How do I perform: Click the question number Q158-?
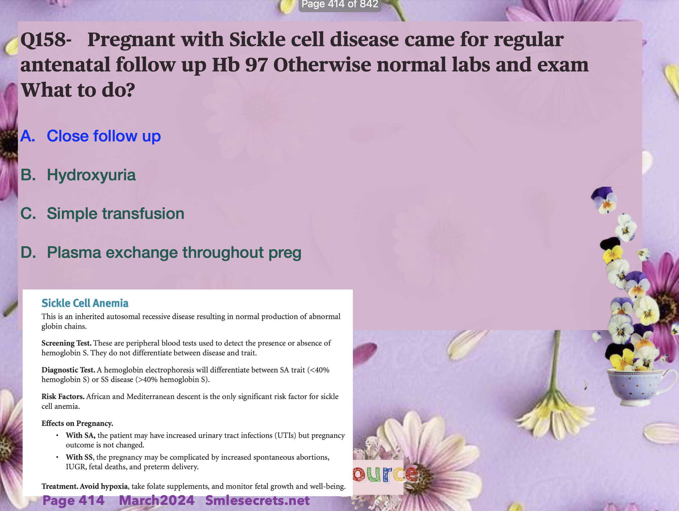[46, 40]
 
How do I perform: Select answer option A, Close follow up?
[91, 136]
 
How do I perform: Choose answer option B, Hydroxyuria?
[78, 175]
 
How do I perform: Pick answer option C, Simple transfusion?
[102, 213]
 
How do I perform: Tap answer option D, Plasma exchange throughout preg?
[161, 253]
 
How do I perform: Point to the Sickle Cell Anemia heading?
[85, 303]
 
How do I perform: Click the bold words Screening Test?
[66, 343]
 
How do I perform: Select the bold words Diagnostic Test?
[68, 370]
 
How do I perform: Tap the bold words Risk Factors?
[63, 397]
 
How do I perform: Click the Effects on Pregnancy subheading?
[77, 424]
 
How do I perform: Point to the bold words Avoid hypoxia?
[104, 486]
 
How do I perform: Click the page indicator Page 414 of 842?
[340, 4]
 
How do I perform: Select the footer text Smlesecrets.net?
[257, 500]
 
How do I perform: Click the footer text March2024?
[157, 500]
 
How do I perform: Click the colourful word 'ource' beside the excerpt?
[385, 474]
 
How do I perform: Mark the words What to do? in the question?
[78, 90]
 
